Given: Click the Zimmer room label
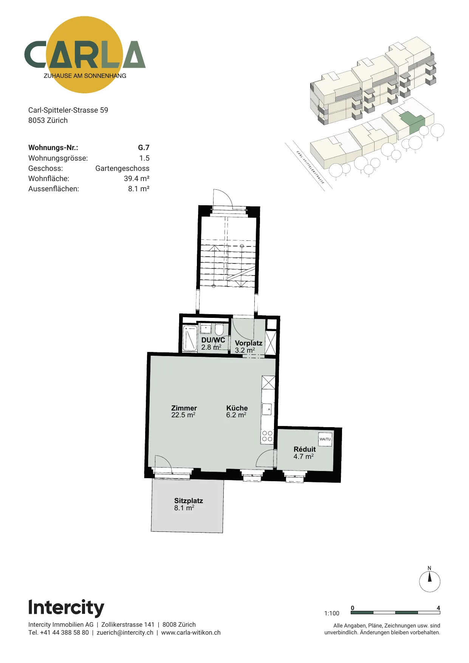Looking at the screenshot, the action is pyautogui.click(x=184, y=408).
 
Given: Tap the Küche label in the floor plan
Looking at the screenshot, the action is pyautogui.click(x=237, y=408).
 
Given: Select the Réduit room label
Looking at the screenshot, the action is pyautogui.click(x=305, y=449).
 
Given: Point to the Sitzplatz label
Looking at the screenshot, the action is pyautogui.click(x=189, y=501).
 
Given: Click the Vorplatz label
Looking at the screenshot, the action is pyautogui.click(x=249, y=343).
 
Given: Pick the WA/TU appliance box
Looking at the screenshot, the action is pyautogui.click(x=325, y=439).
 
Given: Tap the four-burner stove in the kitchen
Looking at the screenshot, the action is pyautogui.click(x=267, y=436).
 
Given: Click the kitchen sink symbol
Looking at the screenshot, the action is pyautogui.click(x=267, y=409).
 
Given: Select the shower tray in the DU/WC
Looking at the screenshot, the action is pyautogui.click(x=190, y=338).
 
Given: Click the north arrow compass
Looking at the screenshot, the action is pyautogui.click(x=430, y=581).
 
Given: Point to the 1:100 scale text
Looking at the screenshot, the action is pyautogui.click(x=332, y=613).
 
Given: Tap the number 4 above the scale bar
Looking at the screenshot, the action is pyautogui.click(x=438, y=608).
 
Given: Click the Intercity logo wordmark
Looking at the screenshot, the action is pyautogui.click(x=66, y=608).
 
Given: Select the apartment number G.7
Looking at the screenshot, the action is pyautogui.click(x=144, y=148).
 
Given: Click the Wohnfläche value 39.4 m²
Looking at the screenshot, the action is pyautogui.click(x=137, y=178).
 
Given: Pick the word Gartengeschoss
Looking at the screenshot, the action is pyautogui.click(x=122, y=168).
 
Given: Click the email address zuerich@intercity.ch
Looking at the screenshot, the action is pyautogui.click(x=125, y=632).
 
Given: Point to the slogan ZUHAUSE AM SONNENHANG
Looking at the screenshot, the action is pyautogui.click(x=85, y=76).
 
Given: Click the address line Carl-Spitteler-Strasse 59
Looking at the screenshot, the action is pyautogui.click(x=68, y=110).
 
